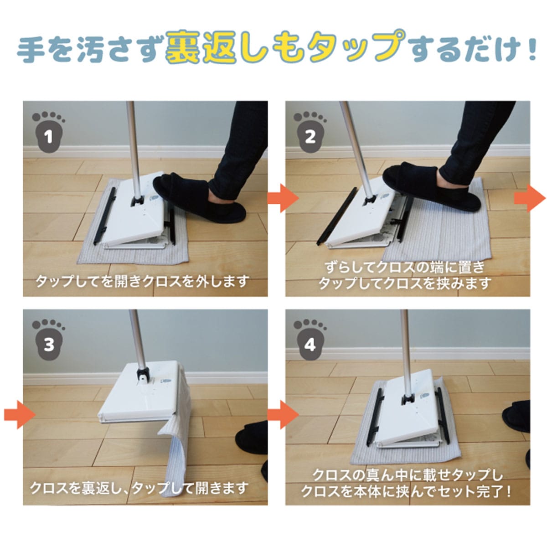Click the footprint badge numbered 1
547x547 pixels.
48,132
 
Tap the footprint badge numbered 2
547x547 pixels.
310,132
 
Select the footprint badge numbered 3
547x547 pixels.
48,340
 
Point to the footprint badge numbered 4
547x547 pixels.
310,340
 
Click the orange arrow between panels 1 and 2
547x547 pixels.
283,198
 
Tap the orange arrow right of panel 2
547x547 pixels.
530,198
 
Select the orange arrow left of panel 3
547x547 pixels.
20,414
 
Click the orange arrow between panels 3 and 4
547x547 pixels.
283,414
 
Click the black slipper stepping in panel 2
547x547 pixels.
432,186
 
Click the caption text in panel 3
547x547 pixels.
139,488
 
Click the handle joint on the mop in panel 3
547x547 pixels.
143,375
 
